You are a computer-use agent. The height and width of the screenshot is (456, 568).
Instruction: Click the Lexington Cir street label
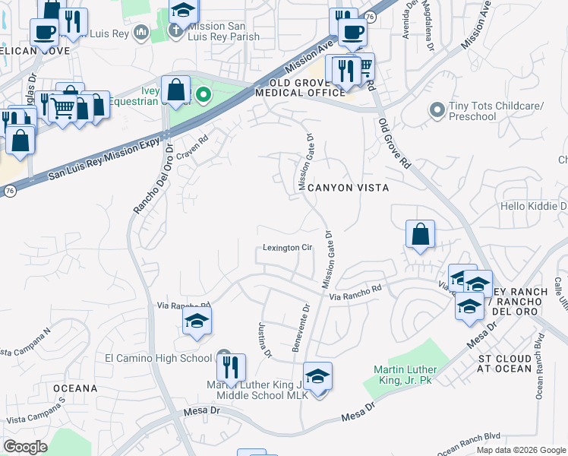click(x=288, y=248)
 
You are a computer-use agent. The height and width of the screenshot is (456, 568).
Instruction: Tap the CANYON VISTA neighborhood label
click(x=347, y=187)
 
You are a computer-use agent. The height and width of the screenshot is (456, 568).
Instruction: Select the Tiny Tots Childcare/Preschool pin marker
click(x=437, y=111)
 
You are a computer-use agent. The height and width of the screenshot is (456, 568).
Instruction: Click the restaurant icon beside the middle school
click(x=231, y=368)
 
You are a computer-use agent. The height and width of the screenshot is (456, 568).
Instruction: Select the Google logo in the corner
click(x=25, y=447)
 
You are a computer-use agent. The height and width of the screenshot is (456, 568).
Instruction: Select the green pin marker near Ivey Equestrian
click(x=203, y=95)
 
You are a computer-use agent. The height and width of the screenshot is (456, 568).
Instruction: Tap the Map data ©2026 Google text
click(x=520, y=450)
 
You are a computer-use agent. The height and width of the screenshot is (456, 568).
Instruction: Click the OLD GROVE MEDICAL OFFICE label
click(x=301, y=87)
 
